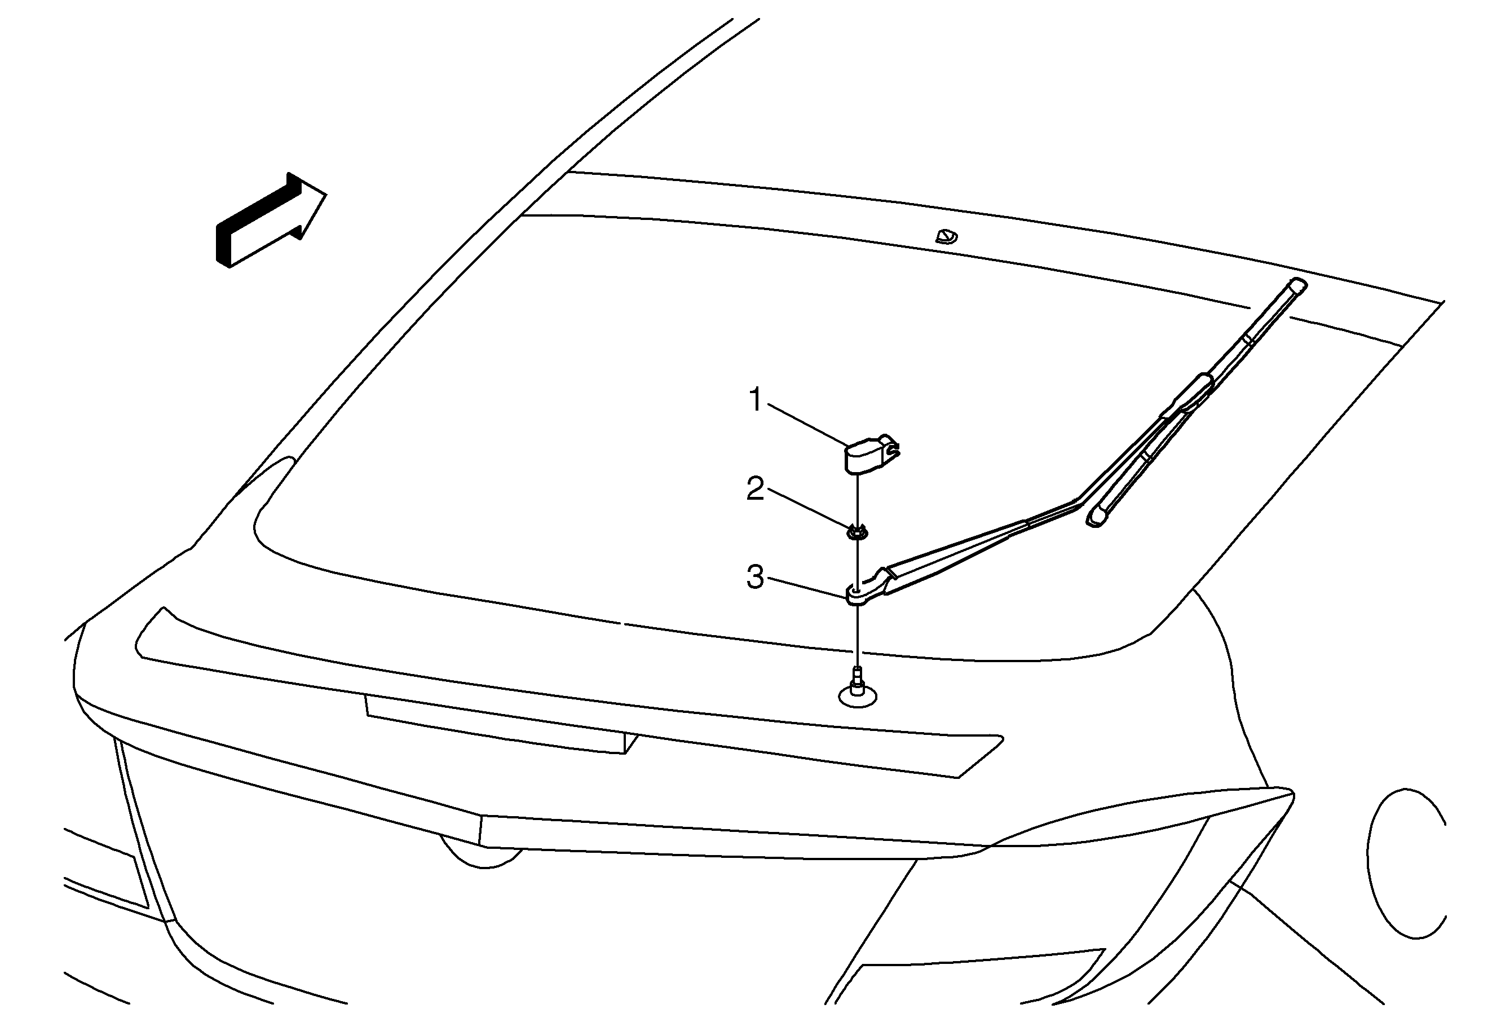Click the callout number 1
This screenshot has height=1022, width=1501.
pos(756,400)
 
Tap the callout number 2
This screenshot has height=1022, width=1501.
pos(755,488)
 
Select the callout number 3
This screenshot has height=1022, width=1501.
pos(755,577)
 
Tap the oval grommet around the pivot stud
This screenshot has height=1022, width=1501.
pos(858,697)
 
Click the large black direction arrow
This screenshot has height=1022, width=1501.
pos(271,219)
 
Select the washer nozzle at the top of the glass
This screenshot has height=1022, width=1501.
pos(946,236)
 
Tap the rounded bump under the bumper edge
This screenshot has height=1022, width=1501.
pos(480,853)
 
